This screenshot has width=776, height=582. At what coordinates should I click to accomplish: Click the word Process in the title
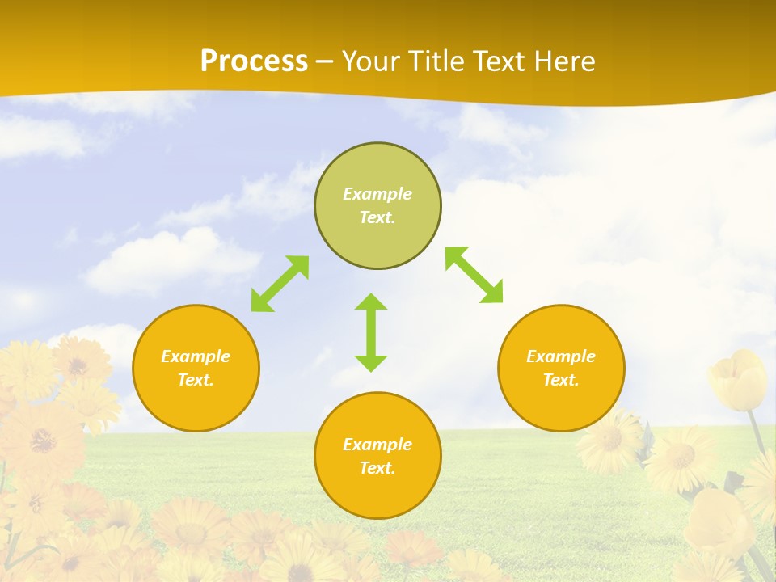point(254,61)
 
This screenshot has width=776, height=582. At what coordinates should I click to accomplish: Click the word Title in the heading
point(436,61)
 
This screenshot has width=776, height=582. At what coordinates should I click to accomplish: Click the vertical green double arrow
point(371,332)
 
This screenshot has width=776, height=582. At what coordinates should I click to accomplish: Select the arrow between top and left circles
point(280,284)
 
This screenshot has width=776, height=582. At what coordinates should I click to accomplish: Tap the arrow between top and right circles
point(474,275)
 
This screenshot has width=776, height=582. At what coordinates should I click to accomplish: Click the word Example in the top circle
point(377,194)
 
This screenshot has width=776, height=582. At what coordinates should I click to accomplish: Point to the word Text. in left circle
point(196,380)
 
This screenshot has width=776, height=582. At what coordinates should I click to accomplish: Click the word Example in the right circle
point(561,356)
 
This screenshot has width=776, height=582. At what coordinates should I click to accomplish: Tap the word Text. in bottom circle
point(377,468)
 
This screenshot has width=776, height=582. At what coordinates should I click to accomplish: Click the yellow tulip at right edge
point(737,378)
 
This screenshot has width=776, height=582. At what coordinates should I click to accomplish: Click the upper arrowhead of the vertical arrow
point(371,302)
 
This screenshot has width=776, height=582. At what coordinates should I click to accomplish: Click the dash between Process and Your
point(325,61)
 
